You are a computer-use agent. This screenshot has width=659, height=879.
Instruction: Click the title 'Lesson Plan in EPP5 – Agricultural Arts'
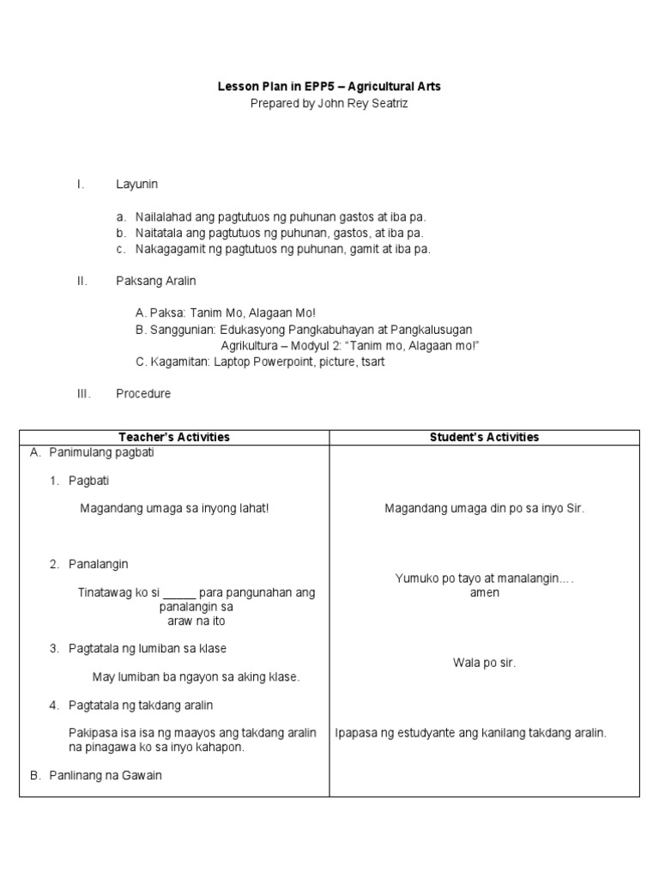click(x=329, y=88)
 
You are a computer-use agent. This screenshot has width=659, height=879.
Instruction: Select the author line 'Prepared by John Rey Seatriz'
click(x=329, y=103)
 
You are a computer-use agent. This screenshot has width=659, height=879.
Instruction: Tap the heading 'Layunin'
click(x=137, y=185)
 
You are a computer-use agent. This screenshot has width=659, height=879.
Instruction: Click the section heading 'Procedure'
click(x=143, y=394)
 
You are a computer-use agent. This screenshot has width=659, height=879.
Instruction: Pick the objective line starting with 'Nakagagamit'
click(x=282, y=249)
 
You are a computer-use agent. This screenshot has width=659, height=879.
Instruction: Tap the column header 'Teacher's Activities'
click(x=174, y=437)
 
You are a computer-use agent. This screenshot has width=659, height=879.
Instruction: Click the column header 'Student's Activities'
click(x=484, y=437)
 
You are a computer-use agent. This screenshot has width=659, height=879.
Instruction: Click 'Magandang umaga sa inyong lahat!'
click(x=174, y=508)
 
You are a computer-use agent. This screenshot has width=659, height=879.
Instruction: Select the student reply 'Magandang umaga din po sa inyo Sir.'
click(x=484, y=508)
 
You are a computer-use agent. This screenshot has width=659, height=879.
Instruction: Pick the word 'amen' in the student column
click(x=484, y=593)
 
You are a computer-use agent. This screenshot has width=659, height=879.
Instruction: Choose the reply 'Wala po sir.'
click(x=484, y=663)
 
